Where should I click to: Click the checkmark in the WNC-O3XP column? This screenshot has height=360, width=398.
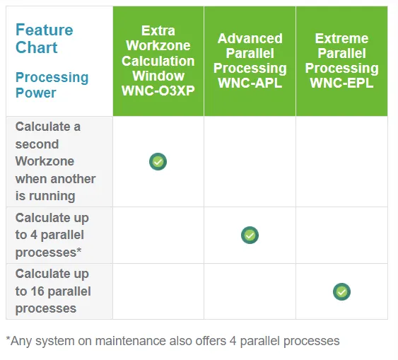158,161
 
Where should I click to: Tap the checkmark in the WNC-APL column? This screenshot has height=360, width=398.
250,235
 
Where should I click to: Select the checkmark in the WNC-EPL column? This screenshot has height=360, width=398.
341,291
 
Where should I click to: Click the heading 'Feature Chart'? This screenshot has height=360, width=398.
44,39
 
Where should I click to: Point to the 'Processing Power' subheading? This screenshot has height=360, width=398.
52,85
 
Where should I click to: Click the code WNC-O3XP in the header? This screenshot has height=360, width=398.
158,91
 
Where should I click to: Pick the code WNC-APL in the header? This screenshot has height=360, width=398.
250,83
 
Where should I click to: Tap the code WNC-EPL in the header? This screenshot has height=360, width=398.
341,83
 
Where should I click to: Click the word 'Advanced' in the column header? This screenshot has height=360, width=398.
250,38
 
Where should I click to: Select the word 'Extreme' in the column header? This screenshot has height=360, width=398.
341,38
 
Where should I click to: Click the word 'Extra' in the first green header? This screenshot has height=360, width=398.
158,30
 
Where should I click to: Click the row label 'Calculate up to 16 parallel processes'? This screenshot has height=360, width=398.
53,291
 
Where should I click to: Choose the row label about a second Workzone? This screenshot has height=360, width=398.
55,161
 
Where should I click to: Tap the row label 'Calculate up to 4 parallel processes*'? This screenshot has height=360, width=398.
52,235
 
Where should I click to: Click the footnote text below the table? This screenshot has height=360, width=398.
172,341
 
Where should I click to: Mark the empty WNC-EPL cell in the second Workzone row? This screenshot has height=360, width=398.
341,161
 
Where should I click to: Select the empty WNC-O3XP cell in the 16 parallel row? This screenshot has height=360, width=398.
158,291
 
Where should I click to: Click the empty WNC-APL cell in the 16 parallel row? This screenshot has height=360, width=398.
250,291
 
